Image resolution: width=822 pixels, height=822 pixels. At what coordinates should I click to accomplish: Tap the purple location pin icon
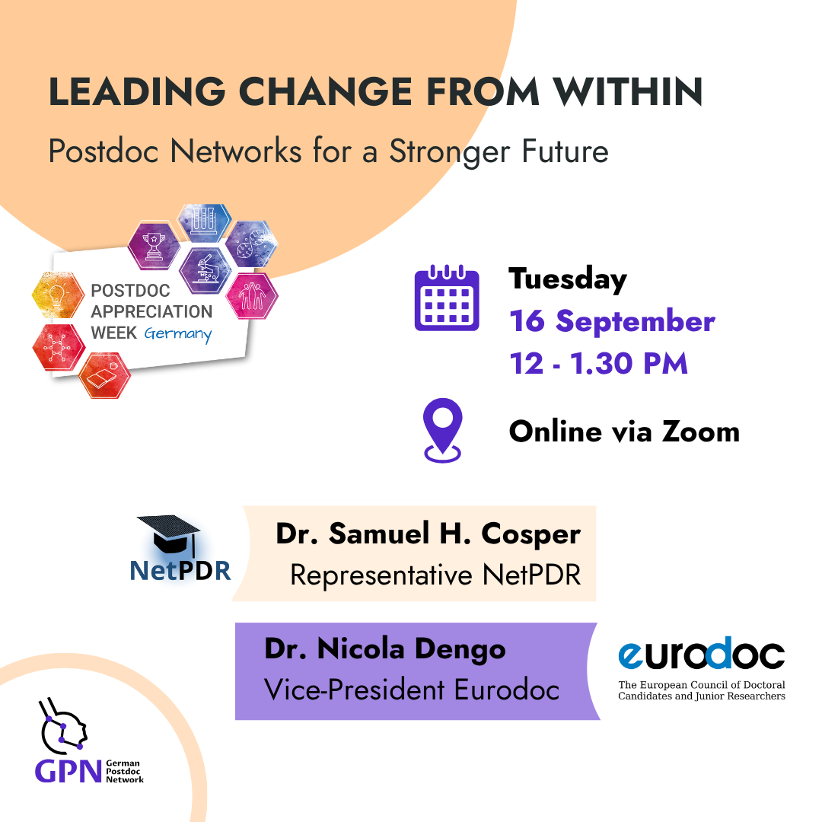point(442,430)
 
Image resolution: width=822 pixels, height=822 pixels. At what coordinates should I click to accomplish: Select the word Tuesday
point(568,279)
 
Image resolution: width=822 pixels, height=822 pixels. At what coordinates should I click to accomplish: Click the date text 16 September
point(612,321)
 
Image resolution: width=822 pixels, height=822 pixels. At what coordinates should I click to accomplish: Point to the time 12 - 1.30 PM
point(599,363)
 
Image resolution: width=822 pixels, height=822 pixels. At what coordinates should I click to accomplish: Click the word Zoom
point(701,432)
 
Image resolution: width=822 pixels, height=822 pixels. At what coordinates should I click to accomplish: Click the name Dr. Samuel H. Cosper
point(429,534)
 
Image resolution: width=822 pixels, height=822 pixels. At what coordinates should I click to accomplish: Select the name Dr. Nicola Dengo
point(385,649)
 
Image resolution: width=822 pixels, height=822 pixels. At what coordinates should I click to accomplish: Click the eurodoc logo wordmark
point(702,655)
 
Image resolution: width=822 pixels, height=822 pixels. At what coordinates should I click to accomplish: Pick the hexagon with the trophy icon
point(154,246)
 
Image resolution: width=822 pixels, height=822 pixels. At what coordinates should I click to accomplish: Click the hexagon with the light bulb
point(58,295)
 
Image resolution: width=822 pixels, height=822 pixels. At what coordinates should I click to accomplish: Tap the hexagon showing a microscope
point(205,270)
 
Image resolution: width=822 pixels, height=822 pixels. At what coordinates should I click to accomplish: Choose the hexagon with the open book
point(105,374)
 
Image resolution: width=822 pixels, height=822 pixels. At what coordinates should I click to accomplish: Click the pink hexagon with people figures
point(252,295)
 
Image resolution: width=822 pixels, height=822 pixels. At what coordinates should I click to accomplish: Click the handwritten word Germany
point(178,334)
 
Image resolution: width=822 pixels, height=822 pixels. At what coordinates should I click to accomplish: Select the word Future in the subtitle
point(565,151)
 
